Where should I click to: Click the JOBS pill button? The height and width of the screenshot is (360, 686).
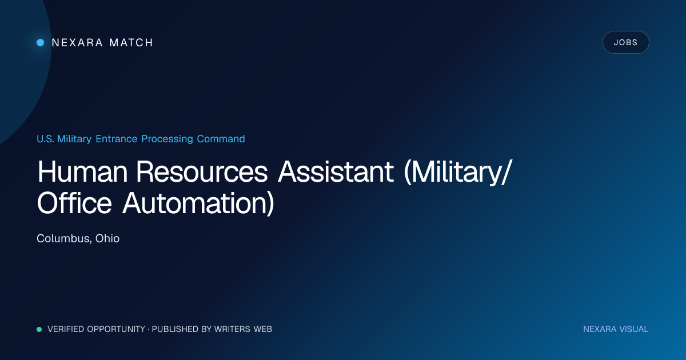click(625, 42)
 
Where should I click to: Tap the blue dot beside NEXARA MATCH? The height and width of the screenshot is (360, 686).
click(41, 42)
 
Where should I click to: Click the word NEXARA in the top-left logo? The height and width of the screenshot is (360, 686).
click(77, 42)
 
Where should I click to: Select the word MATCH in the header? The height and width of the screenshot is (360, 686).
click(131, 42)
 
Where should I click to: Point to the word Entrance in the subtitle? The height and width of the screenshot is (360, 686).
click(117, 139)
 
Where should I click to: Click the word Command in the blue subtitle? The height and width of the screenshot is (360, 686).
click(221, 139)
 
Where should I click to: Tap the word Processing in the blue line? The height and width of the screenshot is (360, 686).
click(167, 139)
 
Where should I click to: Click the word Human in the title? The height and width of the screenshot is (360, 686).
click(82, 172)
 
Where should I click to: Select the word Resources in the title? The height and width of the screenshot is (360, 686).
click(202, 172)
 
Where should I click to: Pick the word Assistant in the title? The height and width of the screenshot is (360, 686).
click(336, 172)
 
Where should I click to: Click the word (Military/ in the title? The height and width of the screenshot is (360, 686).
click(458, 173)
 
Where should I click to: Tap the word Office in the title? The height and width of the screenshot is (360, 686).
click(74, 203)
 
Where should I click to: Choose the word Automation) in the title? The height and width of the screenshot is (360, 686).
click(198, 203)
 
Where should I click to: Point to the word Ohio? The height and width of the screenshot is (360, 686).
click(107, 238)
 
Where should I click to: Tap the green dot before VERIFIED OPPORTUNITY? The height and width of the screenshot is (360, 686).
click(39, 329)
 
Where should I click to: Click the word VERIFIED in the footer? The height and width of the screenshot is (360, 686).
click(66, 329)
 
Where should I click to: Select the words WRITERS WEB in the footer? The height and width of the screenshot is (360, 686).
click(243, 329)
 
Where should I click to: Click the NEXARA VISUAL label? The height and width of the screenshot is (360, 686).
click(616, 329)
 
